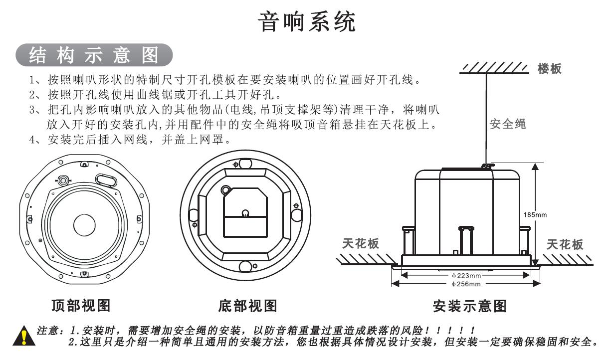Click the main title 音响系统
click(x=307, y=21)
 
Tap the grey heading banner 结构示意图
click(x=94, y=55)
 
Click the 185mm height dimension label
click(x=535, y=215)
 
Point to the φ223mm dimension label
click(x=466, y=276)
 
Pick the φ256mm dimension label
click(x=466, y=284)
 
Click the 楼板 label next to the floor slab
click(x=549, y=69)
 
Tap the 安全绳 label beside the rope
click(x=508, y=124)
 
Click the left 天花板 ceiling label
click(x=361, y=244)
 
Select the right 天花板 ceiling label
click(x=565, y=244)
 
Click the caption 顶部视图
click(x=81, y=305)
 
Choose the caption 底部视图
click(x=248, y=306)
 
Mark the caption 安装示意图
click(x=470, y=306)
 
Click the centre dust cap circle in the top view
click(x=84, y=225)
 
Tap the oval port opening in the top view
click(x=106, y=180)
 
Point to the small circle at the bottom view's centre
click(x=245, y=213)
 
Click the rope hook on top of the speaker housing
click(x=488, y=166)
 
